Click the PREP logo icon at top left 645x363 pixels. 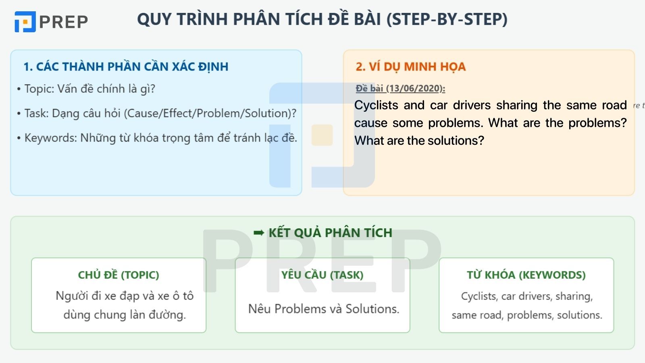point(25,21)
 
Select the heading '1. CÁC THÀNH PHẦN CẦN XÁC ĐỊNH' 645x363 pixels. point(126,67)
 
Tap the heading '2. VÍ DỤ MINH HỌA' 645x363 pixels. point(410,67)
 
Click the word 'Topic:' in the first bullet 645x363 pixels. point(39,89)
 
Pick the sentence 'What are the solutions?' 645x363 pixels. point(419,141)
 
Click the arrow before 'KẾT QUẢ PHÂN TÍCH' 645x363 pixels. point(259,233)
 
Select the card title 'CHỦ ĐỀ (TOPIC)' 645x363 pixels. point(119,275)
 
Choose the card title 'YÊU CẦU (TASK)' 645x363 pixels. point(322,275)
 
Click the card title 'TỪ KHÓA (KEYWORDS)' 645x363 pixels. point(526,275)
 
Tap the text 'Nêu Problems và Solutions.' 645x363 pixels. point(324,309)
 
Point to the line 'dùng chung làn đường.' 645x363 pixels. point(125,315)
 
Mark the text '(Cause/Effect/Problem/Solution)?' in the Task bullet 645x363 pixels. point(210,113)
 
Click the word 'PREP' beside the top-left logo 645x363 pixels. point(64,22)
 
